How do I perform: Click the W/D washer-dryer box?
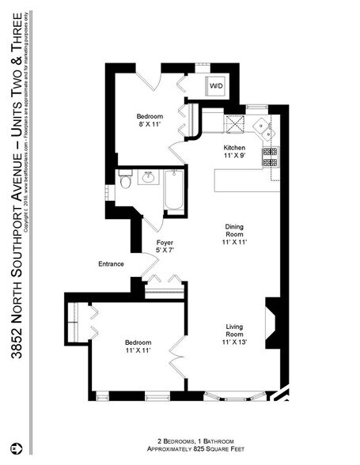tap(216, 86)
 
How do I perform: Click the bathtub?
tap(174, 193)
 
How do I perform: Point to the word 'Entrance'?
tap(111, 263)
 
